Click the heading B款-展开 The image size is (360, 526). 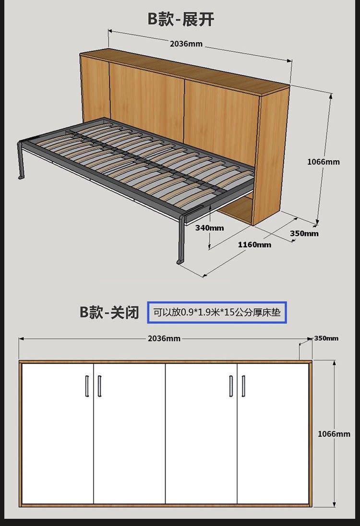180,20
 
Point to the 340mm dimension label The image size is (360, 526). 209,227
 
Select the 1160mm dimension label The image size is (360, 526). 254,245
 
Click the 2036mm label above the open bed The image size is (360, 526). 186,44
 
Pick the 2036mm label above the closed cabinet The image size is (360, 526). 164,338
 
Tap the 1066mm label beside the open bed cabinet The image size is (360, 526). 323,162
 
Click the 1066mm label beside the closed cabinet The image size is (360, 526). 334,434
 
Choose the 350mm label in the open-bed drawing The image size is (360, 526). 304,234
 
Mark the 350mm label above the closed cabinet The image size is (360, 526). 326,338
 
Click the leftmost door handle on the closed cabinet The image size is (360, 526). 87,386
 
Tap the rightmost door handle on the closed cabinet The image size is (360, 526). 243,386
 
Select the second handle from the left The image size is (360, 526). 99,386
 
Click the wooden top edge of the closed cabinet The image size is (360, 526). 166,361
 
